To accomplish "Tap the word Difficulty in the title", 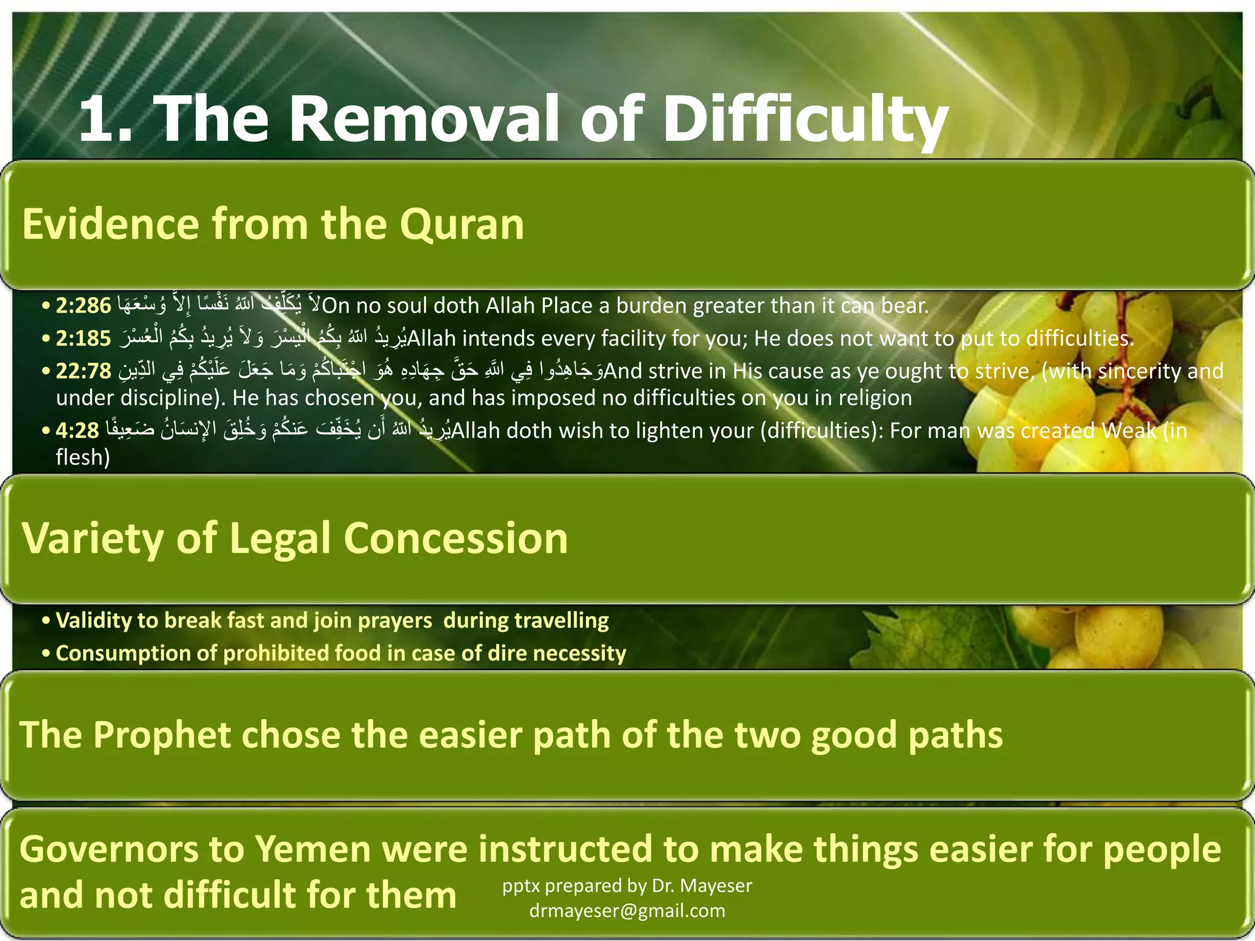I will click(x=805, y=119).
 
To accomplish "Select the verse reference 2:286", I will click(x=83, y=305).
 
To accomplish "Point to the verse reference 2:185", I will click(x=83, y=338).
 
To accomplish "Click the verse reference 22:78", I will click(x=83, y=371).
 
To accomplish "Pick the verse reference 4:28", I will click(x=77, y=431).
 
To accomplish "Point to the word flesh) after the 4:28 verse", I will click(x=83, y=457).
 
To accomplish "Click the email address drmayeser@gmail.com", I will click(x=627, y=911).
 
